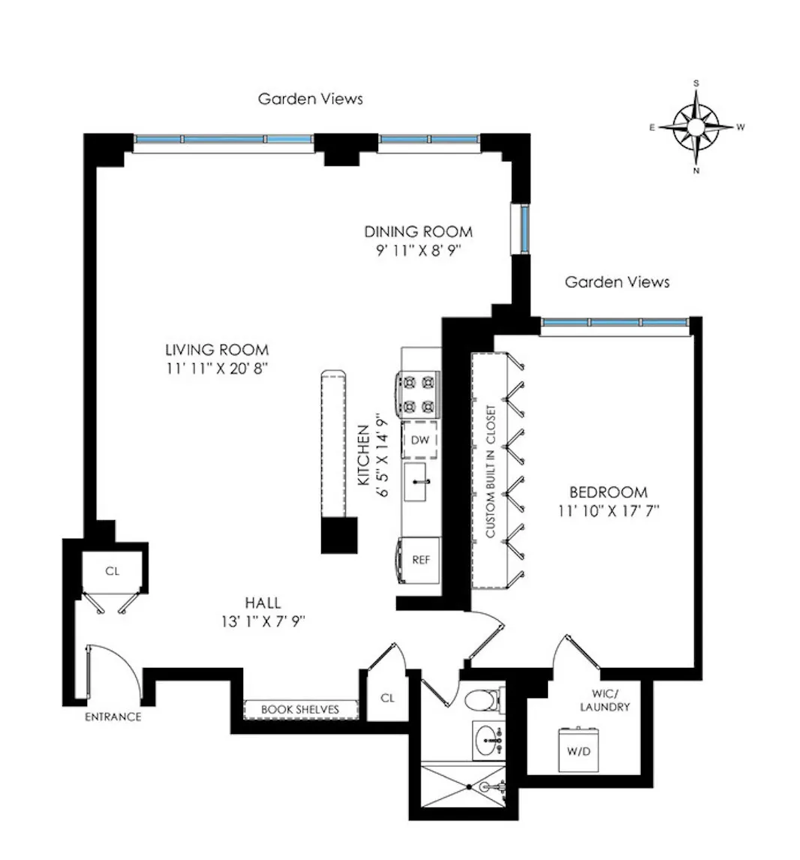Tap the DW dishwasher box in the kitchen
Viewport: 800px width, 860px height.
click(x=420, y=440)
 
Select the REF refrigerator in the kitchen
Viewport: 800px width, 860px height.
click(x=420, y=559)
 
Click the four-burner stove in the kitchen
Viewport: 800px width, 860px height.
click(x=419, y=395)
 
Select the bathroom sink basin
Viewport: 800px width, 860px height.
click(x=489, y=740)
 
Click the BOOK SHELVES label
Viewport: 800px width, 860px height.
click(x=299, y=709)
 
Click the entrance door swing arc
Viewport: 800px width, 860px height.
click(x=120, y=668)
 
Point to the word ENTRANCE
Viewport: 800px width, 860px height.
click(x=113, y=717)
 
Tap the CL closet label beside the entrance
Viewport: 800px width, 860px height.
click(x=112, y=571)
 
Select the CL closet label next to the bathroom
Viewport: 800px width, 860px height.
click(x=387, y=698)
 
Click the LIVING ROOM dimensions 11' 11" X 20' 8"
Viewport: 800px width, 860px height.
click(x=217, y=368)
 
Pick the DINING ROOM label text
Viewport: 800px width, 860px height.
click(x=418, y=231)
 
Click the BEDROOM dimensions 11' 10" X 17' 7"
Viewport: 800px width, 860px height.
click(x=608, y=511)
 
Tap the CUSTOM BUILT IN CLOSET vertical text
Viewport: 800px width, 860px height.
click(x=490, y=472)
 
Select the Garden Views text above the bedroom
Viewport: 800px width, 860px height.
click(x=617, y=282)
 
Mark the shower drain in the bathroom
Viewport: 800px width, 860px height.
click(x=468, y=787)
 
